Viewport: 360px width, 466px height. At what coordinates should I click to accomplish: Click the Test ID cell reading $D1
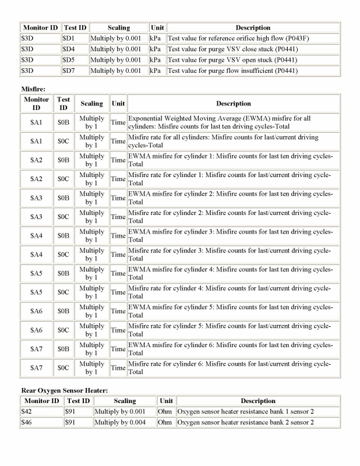[x=68, y=38]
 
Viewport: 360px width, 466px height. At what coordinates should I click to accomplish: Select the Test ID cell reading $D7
[x=68, y=71]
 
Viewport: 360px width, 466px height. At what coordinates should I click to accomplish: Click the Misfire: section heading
[x=34, y=88]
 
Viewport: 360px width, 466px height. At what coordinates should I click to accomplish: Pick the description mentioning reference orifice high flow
[x=232, y=38]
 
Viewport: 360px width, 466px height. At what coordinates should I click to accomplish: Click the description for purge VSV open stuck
[x=232, y=60]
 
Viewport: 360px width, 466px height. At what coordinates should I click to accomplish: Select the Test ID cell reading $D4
[x=68, y=49]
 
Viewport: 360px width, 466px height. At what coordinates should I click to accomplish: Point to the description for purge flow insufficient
[x=232, y=71]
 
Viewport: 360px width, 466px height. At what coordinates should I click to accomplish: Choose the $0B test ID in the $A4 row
[x=63, y=236]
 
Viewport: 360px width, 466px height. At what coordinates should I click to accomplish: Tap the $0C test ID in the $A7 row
[x=63, y=368]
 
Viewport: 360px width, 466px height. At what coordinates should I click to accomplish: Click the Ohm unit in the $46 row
[x=165, y=422]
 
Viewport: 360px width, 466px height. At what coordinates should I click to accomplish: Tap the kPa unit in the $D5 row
[x=156, y=60]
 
